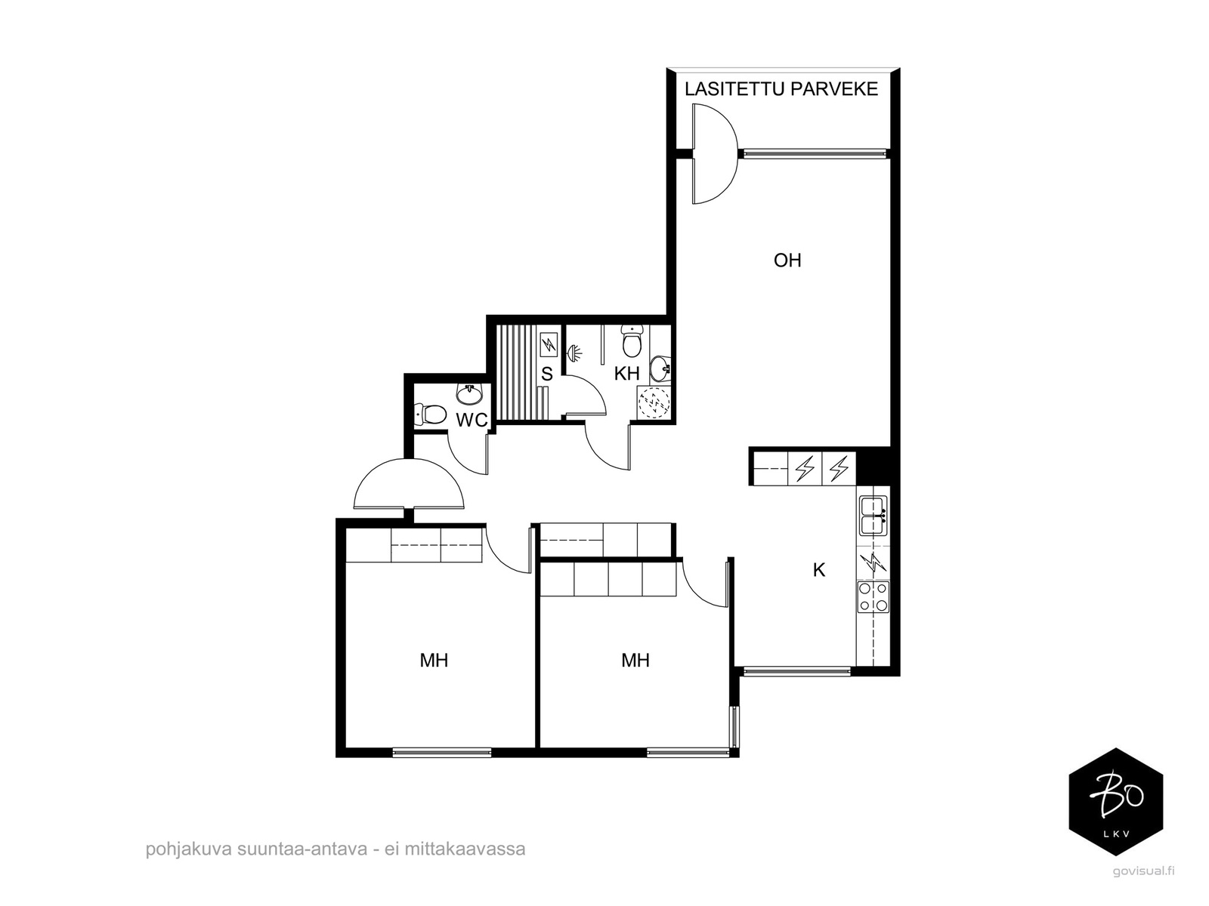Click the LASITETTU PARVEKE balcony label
pos(781,89)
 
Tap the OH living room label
pos(787,260)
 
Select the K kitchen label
pos(819,571)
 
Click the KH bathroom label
pos(627,374)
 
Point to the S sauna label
pos(547,374)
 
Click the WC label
pos(472,420)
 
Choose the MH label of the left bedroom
pos(434,660)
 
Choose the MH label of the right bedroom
pos(635,660)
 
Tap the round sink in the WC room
pos(470,393)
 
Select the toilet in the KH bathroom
pos(632,341)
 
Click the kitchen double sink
pos(873,516)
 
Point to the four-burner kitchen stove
pos(874,597)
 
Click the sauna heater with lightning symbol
pos(549,346)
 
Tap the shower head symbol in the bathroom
pos(575,353)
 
